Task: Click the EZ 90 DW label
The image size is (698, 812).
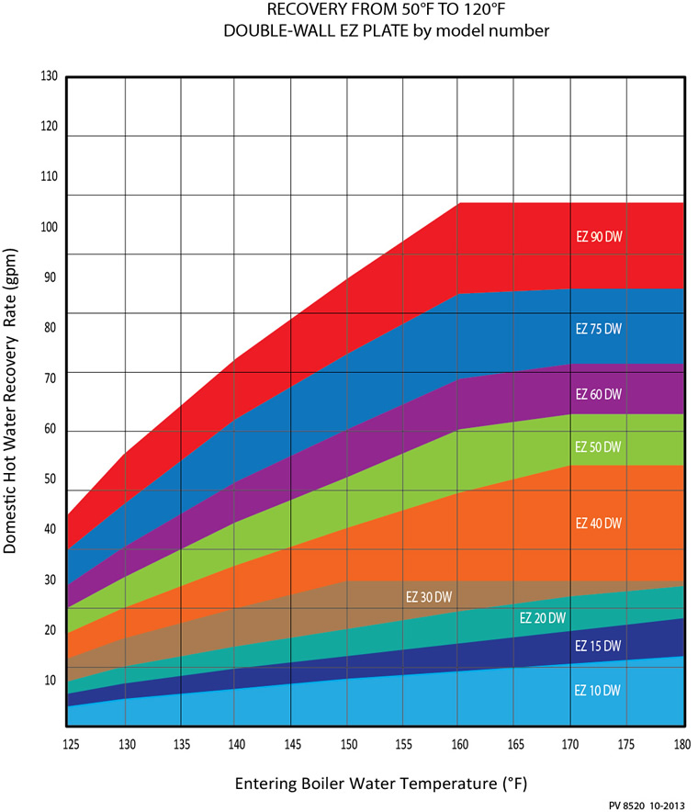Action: click(599, 236)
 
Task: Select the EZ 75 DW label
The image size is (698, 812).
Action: click(599, 328)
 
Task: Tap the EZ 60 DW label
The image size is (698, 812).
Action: click(599, 394)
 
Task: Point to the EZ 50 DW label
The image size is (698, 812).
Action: click(599, 446)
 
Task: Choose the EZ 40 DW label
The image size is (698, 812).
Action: click(599, 523)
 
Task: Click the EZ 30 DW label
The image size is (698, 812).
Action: click(429, 596)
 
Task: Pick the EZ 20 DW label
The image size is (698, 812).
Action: click(543, 617)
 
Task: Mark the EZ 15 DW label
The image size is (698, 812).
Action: click(599, 646)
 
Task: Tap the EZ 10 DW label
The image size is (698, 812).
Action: click(599, 691)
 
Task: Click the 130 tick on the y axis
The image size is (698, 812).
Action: click(50, 76)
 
